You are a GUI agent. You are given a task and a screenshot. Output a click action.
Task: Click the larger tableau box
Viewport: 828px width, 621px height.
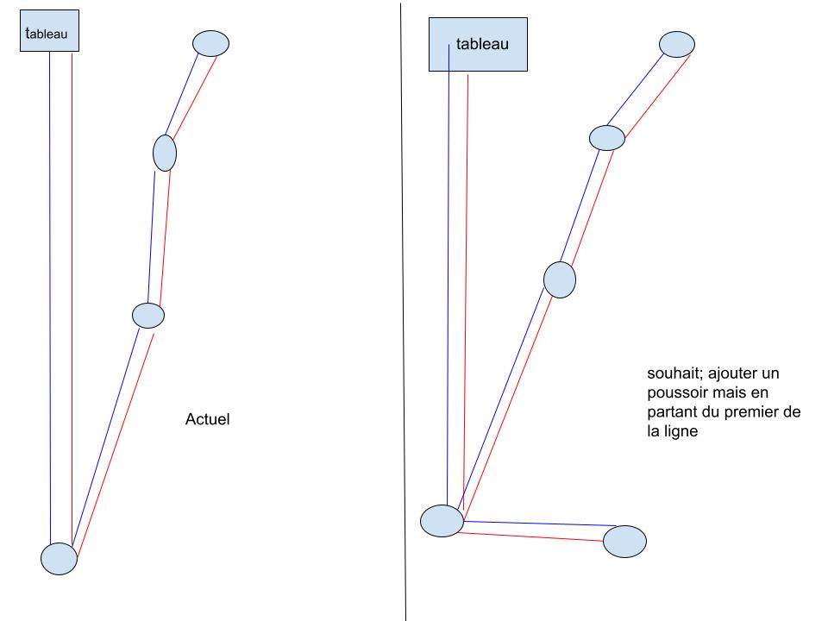[478, 45]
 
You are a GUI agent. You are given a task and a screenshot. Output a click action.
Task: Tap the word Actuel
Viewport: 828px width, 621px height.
[208, 420]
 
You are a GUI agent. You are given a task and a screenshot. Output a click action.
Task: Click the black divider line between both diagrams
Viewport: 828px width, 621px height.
[403, 310]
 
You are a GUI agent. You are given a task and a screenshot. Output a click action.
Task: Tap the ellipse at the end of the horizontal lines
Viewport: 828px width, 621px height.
[624, 541]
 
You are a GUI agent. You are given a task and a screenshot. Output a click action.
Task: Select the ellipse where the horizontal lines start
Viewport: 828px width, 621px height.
[442, 521]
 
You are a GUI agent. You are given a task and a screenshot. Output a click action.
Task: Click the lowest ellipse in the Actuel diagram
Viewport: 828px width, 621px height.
[60, 559]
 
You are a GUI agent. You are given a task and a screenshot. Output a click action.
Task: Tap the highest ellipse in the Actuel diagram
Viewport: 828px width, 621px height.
[210, 43]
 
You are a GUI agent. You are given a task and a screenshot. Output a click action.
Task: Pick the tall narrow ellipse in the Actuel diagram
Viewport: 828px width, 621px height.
[165, 154]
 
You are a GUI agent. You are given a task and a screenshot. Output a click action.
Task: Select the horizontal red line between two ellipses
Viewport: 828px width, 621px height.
[530, 536]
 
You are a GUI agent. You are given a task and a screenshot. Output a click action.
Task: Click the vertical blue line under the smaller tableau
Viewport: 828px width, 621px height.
[50, 302]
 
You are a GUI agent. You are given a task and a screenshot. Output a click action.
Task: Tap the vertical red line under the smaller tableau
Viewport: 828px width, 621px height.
[72, 302]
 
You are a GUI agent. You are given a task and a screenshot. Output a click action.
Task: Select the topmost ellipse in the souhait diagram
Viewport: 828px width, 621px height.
[677, 43]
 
